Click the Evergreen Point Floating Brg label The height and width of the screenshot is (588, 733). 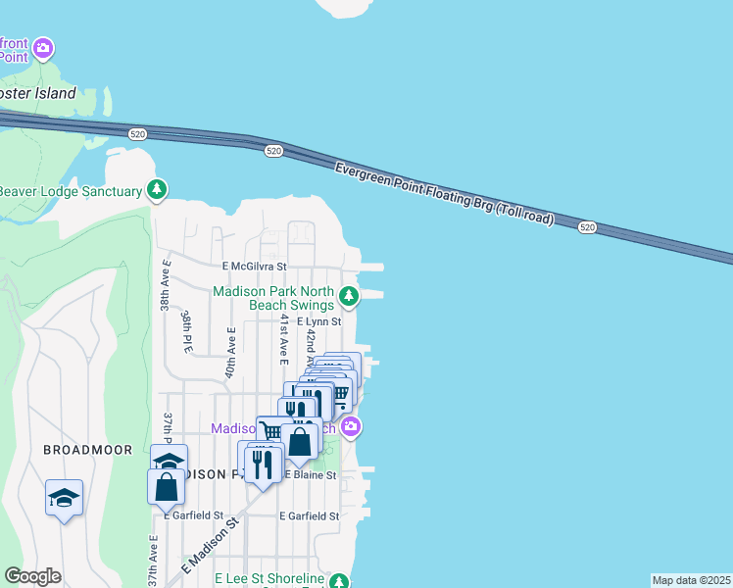click(445, 194)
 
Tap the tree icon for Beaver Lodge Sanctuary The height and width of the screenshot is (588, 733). click(156, 189)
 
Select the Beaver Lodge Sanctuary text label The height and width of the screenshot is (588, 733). click(71, 190)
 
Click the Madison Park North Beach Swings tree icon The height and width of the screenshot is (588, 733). click(348, 295)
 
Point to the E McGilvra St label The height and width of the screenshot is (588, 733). click(253, 266)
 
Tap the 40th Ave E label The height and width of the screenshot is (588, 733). click(230, 353)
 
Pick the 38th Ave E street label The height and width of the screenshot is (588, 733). click(165, 285)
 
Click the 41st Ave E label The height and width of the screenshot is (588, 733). click(282, 339)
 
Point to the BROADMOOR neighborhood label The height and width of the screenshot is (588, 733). click(74, 449)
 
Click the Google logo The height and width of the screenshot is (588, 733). click(32, 576)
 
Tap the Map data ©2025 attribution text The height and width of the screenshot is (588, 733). click(691, 580)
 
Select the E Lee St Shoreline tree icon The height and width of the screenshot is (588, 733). click(338, 581)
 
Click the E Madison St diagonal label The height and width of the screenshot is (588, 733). click(212, 546)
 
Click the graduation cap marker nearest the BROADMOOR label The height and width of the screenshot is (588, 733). click(64, 497)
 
